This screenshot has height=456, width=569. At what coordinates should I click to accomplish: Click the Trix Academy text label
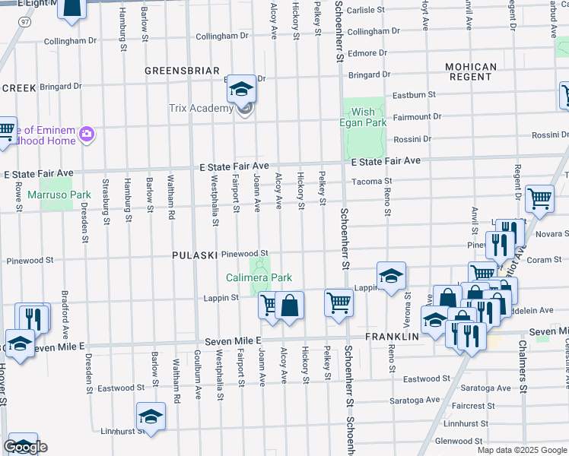[200, 108]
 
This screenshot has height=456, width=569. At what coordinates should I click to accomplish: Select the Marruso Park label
[59, 195]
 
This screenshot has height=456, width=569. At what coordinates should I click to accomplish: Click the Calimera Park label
[259, 278]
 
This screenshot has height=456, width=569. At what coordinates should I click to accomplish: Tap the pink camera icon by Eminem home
[87, 134]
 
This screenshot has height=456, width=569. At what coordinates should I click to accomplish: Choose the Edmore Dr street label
[367, 53]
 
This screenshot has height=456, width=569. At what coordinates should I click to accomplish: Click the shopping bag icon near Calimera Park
[289, 306]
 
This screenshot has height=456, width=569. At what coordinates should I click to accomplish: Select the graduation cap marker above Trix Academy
[241, 90]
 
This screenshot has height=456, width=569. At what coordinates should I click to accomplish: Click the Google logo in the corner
[25, 447]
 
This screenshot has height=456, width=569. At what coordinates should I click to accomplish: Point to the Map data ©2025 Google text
[522, 450]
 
